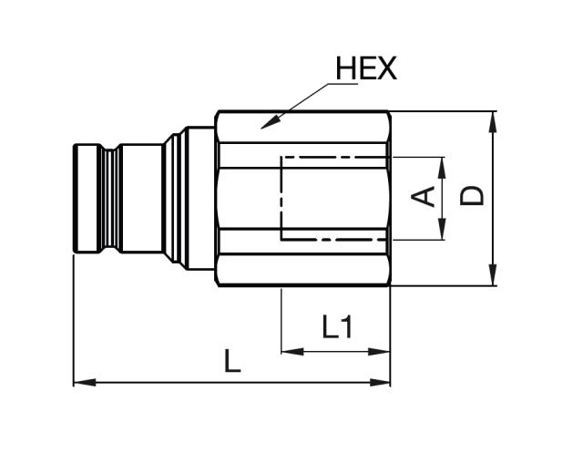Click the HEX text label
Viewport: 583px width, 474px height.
pyautogui.click(x=366, y=68)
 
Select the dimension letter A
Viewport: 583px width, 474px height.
pyautogui.click(x=423, y=197)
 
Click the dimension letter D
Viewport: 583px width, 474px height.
pyautogui.click(x=472, y=195)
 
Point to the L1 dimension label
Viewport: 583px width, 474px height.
pyautogui.click(x=337, y=327)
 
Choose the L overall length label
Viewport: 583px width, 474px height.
pyautogui.click(x=232, y=363)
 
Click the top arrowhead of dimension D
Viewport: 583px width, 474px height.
pyautogui.click(x=493, y=119)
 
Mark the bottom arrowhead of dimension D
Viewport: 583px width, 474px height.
pyautogui.click(x=493, y=277)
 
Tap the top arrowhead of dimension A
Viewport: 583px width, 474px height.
pyautogui.click(x=443, y=164)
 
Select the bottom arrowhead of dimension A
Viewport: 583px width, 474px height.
pyautogui.click(x=443, y=233)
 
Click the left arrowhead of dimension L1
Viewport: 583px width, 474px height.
pyautogui.click(x=289, y=350)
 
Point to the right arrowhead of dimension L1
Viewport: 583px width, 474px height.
pyautogui.click(x=382, y=350)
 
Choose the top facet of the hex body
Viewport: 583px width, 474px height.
pyautogui.click(x=302, y=126)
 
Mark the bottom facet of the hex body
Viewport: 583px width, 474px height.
pyautogui.click(x=302, y=271)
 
